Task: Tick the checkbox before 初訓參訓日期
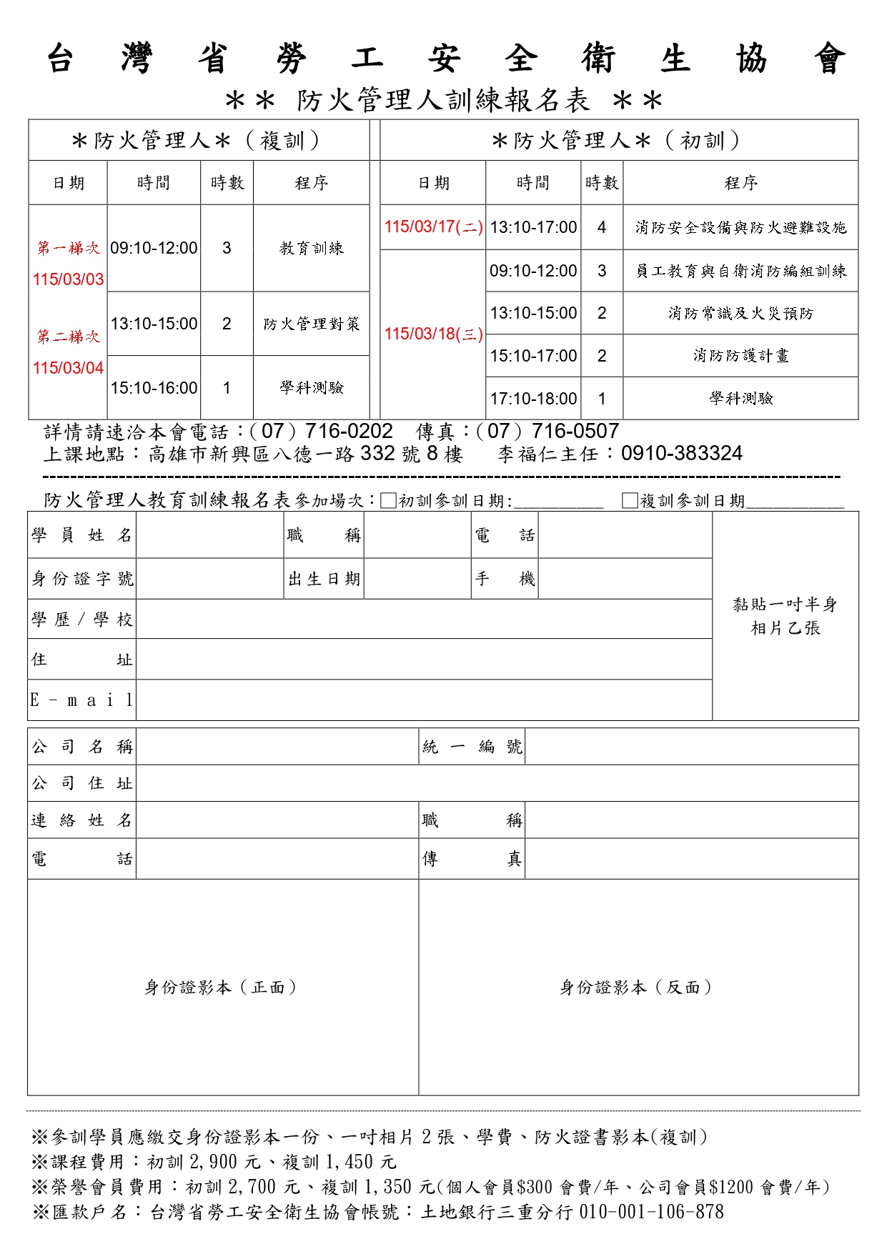(x=389, y=501)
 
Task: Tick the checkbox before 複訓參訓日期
(x=630, y=501)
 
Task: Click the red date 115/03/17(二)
(x=433, y=227)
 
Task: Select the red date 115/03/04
(x=69, y=368)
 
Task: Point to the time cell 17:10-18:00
(x=533, y=399)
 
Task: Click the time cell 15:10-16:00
(x=154, y=388)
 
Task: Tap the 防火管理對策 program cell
(x=312, y=324)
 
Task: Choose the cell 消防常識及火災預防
(x=740, y=313)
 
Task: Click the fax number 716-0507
(x=575, y=431)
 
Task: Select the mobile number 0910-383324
(x=682, y=453)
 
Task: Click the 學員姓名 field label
(x=81, y=535)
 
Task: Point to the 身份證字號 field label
(x=81, y=579)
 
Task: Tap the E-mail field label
(x=81, y=700)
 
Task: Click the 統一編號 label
(x=472, y=747)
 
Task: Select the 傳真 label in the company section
(x=472, y=859)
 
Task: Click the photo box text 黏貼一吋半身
(x=785, y=604)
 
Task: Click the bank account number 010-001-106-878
(x=651, y=1212)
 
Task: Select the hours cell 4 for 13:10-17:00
(x=602, y=227)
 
